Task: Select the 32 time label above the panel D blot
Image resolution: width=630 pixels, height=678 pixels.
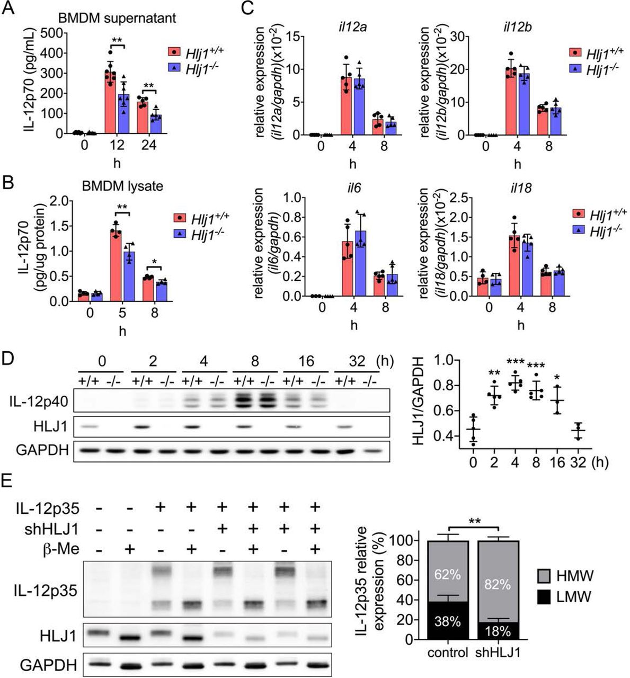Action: tap(358, 361)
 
